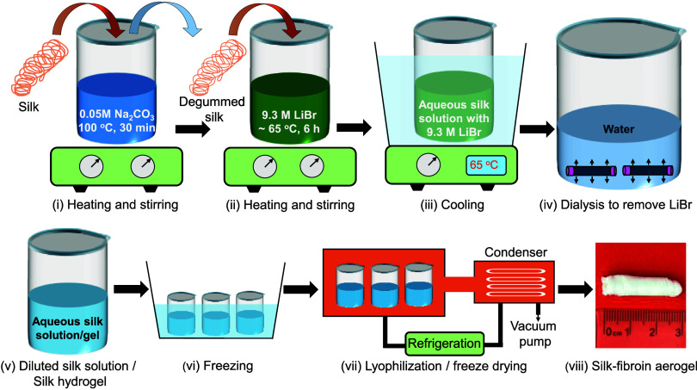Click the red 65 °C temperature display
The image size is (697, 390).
click(485, 165)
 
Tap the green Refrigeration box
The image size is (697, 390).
click(444, 344)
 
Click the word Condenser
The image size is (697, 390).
click(515, 252)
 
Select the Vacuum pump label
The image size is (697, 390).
click(533, 333)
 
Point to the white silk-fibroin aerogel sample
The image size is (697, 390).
click(641, 286)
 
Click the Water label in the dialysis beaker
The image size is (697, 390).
click(619, 129)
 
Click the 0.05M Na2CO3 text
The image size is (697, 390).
click(116, 115)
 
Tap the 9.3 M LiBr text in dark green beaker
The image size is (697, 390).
click(289, 115)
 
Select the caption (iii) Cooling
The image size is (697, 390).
click(452, 205)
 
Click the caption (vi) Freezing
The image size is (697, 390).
click(218, 366)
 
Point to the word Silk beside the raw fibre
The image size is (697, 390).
click(28, 107)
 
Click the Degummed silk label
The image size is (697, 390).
click(212, 109)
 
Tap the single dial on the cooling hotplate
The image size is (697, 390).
click(428, 164)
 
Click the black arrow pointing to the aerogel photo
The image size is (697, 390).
click(576, 289)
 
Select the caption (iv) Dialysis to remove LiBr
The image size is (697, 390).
click(615, 205)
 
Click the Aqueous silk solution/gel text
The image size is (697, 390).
click(68, 328)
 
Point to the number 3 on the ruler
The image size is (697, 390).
click(678, 332)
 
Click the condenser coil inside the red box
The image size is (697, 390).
click(515, 282)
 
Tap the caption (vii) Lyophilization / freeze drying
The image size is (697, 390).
click(434, 366)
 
